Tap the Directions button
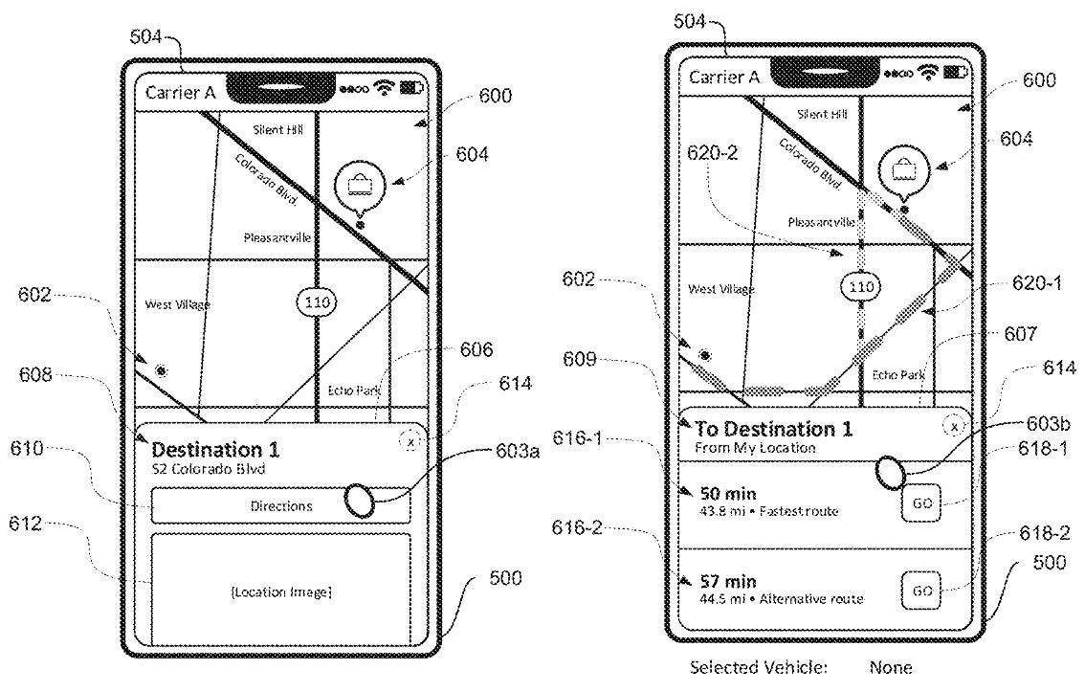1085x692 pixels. [280, 506]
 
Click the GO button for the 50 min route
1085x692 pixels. [920, 502]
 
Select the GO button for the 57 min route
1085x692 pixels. [920, 590]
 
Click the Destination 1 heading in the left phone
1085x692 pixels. [218, 450]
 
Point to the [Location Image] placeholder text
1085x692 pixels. [280, 592]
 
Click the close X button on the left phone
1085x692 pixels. [410, 441]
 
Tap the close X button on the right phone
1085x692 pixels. [954, 424]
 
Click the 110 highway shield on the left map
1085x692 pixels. [316, 301]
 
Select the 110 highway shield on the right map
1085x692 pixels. [861, 286]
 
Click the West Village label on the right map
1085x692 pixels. [721, 289]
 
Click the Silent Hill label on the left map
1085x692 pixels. [277, 129]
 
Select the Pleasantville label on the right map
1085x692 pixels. [821, 222]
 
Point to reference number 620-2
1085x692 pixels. [712, 151]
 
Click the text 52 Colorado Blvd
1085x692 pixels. [208, 470]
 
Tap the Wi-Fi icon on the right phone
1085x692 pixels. [926, 74]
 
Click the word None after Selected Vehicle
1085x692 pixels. [891, 667]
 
